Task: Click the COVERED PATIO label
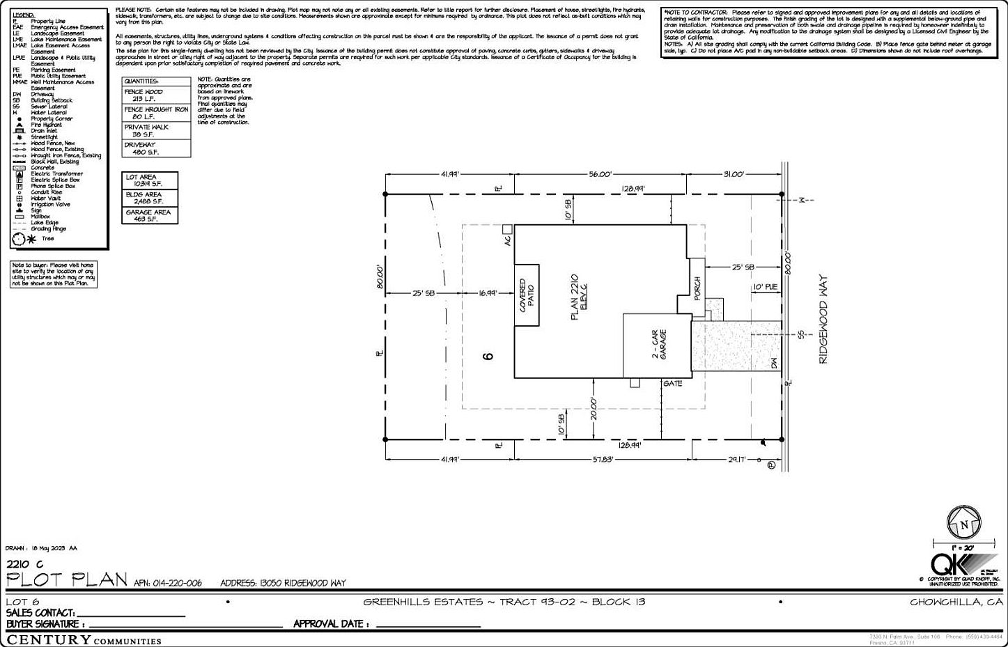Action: click(527, 296)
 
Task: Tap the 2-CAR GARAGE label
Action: click(659, 345)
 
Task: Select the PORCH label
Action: click(697, 288)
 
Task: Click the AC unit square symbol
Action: click(508, 228)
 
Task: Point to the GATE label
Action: click(672, 384)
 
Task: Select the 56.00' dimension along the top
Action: click(599, 174)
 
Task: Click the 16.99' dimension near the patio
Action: click(488, 293)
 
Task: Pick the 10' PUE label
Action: click(764, 286)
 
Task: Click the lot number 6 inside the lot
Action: click(488, 355)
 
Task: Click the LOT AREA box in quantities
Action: click(150, 180)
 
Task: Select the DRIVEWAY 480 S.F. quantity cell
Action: click(157, 148)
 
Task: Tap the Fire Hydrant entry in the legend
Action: click(46, 125)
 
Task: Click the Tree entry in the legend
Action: click(46, 239)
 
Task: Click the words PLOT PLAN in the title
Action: click(68, 579)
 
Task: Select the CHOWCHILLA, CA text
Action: click(956, 602)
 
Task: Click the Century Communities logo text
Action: click(84, 640)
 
